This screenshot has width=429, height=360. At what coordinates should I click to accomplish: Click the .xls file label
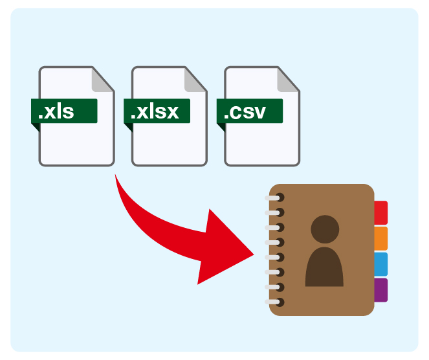pyautogui.click(x=64, y=111)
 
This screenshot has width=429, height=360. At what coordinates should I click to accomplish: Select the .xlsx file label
pyautogui.click(x=157, y=111)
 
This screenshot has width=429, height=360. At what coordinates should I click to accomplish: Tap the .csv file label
pyautogui.click(x=250, y=111)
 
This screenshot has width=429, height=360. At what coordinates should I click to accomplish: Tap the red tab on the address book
pyautogui.click(x=381, y=212)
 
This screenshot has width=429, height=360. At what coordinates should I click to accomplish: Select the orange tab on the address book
pyautogui.click(x=381, y=238)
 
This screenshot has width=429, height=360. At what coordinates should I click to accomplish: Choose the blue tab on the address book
pyautogui.click(x=381, y=264)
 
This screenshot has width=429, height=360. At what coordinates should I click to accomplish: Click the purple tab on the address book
pyautogui.click(x=381, y=289)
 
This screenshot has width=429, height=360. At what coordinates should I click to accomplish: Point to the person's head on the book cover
pyautogui.click(x=325, y=230)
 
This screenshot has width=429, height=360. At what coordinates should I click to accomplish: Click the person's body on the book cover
pyautogui.click(x=324, y=267)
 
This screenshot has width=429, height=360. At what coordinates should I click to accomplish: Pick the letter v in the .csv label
pyautogui.click(x=259, y=113)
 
